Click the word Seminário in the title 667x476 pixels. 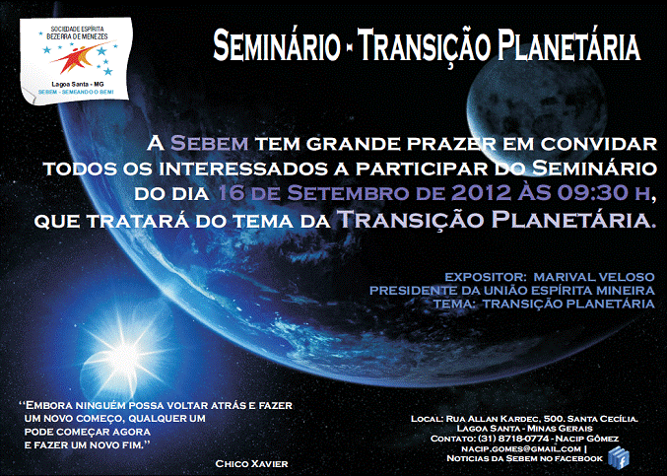coord(277,46)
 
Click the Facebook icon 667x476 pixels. coord(619,458)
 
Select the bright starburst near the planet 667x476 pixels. coord(123,358)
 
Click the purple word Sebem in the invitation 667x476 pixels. coord(209,143)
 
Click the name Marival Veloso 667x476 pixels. coord(594,277)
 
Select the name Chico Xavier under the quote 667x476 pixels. coord(252,463)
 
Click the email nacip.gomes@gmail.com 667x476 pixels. coord(521,448)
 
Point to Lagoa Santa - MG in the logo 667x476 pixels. coord(78,85)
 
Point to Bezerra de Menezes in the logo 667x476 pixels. coord(78,37)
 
